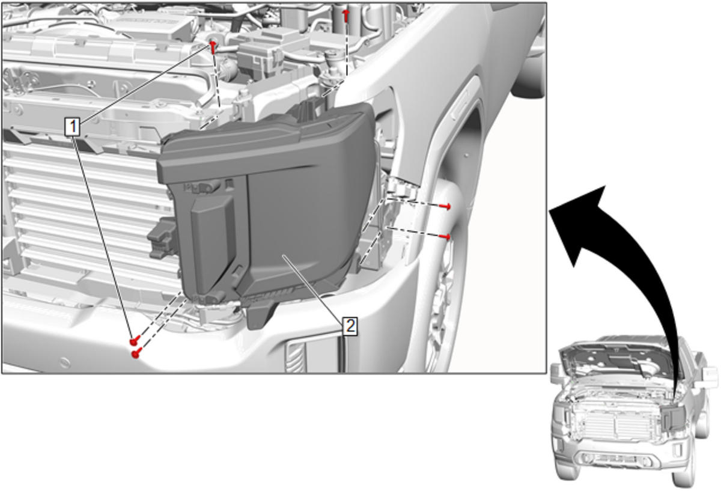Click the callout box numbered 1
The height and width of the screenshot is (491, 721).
[73, 127]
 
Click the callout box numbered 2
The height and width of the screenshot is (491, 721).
[350, 326]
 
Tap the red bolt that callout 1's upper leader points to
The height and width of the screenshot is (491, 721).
[213, 47]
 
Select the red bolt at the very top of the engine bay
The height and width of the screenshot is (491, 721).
[346, 16]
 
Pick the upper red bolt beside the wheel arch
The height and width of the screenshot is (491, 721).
[445, 206]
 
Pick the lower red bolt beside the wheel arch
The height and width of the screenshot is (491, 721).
[445, 237]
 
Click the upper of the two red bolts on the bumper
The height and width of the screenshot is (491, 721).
[135, 341]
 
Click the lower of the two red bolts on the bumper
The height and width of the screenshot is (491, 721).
[136, 353]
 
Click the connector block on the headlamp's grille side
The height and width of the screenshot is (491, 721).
[163, 238]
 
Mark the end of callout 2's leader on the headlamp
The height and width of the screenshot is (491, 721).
[283, 255]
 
